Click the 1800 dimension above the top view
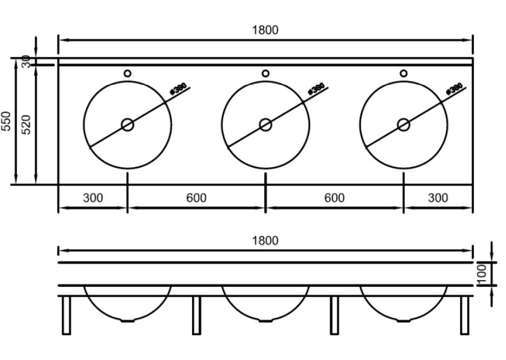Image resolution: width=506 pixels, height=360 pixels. point(265,30)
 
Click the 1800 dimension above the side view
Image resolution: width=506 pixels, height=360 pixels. point(265,241)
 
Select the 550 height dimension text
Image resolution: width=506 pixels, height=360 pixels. point(7,121)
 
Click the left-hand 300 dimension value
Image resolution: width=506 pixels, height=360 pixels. point(93,198)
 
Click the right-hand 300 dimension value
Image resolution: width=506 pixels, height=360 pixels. point(438,198)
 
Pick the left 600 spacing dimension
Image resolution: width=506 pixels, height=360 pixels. point(196,198)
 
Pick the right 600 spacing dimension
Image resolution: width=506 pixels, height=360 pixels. point(334,198)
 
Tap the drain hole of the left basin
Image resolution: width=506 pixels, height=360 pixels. point(127,125)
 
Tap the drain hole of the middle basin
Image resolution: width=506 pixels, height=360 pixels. point(266,125)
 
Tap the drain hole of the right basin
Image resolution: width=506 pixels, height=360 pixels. point(404,125)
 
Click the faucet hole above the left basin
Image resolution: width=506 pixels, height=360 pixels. point(127,73)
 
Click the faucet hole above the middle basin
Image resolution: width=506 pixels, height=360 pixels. point(265,73)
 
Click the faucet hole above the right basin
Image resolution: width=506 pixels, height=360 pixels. point(404,73)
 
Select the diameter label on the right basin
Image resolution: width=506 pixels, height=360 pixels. point(455,89)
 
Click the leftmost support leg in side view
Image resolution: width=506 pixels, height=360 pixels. point(66,315)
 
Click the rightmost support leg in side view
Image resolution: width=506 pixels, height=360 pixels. point(464,315)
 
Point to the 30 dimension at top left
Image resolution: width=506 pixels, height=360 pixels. point(26,62)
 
